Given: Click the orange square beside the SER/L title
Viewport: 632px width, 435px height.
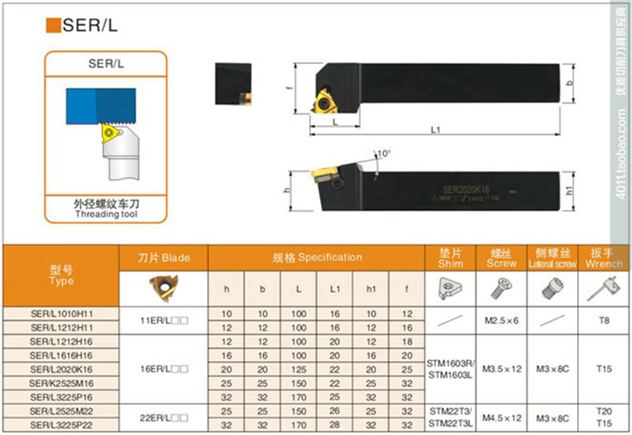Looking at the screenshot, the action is [x=54, y=26].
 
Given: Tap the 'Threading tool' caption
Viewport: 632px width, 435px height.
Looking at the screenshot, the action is [x=106, y=214].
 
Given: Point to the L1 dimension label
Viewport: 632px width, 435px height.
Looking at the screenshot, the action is [x=435, y=129].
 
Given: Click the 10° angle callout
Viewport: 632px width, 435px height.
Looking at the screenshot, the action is [x=384, y=153].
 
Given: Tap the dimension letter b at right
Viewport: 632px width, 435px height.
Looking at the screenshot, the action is [x=568, y=83].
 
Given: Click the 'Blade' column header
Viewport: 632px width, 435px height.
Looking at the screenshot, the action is [x=164, y=258].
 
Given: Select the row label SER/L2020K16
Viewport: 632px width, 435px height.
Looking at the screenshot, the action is [x=61, y=369].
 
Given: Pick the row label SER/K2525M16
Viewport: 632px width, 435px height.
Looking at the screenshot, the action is [x=61, y=383].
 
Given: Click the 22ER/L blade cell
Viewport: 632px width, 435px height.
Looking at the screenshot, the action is [x=164, y=417].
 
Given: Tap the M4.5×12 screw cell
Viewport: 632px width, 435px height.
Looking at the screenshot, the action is [x=502, y=417].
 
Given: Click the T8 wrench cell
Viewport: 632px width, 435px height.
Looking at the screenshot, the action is [x=604, y=320].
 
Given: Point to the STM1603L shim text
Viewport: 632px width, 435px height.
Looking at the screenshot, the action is [x=449, y=376].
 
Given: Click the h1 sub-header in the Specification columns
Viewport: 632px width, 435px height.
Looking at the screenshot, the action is [x=371, y=289].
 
